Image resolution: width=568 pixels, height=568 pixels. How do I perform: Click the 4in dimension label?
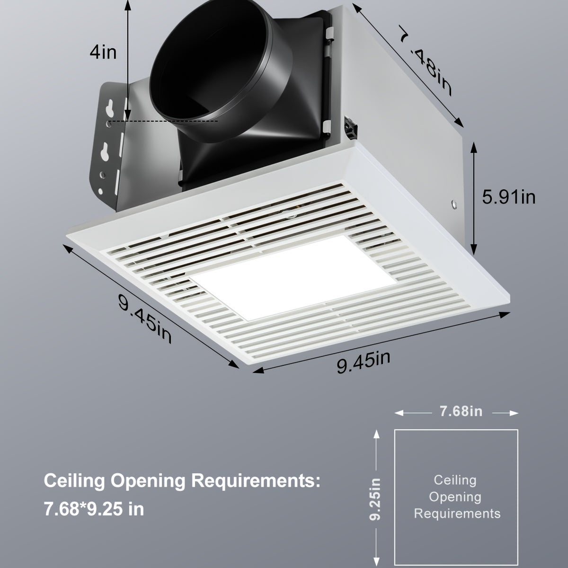point(103,52)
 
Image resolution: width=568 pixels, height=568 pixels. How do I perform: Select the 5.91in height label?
point(508,196)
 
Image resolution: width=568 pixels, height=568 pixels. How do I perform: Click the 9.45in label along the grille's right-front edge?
point(364,362)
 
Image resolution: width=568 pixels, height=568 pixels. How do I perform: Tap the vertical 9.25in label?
point(376,499)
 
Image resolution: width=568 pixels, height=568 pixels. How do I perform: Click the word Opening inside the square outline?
point(455,497)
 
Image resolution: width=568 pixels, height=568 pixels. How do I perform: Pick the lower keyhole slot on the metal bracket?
point(105,153)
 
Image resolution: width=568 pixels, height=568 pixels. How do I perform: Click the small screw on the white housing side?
point(454,204)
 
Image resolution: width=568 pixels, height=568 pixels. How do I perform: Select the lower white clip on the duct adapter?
point(327,126)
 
